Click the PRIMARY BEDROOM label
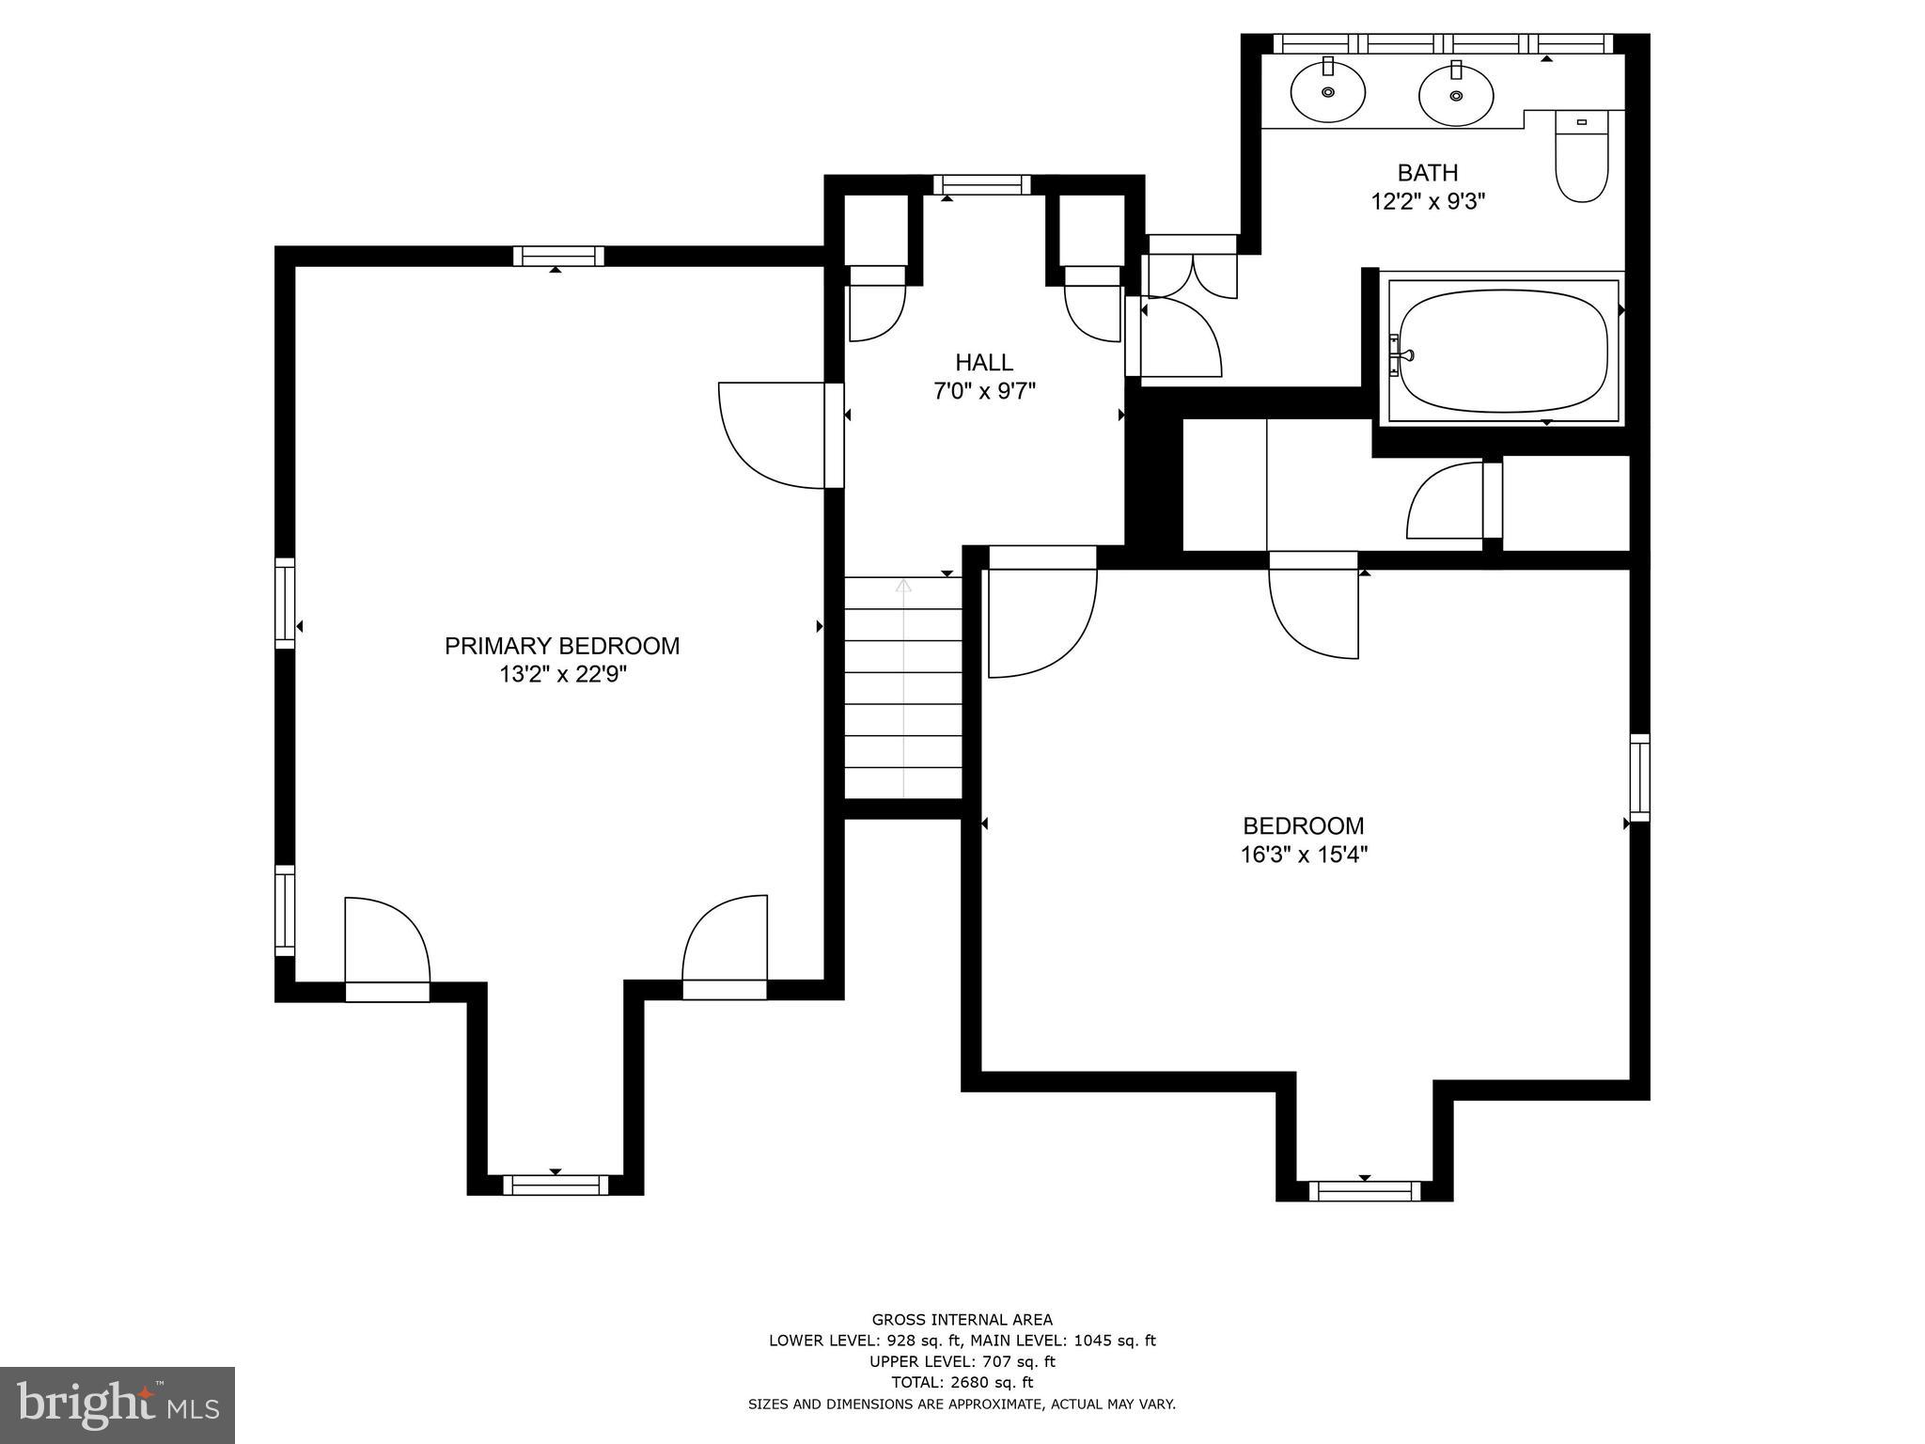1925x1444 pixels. tap(561, 646)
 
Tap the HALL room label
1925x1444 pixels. tap(984, 362)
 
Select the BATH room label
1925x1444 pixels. tap(1427, 173)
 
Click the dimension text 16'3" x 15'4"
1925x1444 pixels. tap(1303, 855)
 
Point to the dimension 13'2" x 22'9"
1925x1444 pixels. tap(562, 675)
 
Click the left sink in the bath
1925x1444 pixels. tap(1327, 91)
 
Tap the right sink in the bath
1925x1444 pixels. tap(1456, 94)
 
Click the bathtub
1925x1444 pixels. tap(1502, 351)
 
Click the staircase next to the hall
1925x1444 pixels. tap(903, 688)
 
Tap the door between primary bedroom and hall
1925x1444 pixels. tap(833, 435)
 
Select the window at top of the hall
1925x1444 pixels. tap(981, 184)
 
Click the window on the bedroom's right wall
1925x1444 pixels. tap(1638, 777)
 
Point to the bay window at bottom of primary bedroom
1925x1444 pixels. tap(555, 1185)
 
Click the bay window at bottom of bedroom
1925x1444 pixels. tap(1364, 1191)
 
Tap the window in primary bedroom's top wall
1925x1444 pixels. tap(558, 256)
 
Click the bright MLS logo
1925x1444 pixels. tap(117, 1405)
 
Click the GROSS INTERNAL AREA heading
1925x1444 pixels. tap(962, 1319)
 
